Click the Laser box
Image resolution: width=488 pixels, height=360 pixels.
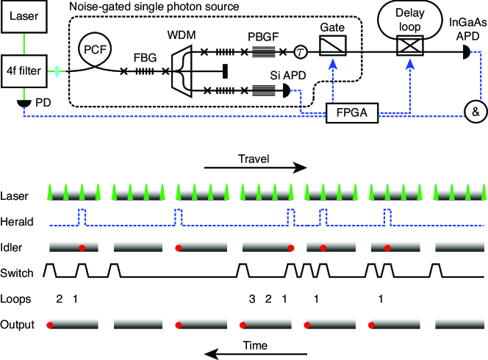click(24, 16)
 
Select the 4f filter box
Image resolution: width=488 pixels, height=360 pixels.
click(24, 71)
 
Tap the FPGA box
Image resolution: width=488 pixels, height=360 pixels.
click(352, 112)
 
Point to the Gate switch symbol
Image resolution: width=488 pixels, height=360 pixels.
click(333, 46)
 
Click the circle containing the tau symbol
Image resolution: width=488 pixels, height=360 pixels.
click(301, 52)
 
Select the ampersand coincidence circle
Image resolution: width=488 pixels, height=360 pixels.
click(476, 112)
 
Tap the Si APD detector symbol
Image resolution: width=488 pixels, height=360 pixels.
click(287, 91)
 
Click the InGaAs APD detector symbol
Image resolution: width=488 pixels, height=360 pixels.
click(467, 52)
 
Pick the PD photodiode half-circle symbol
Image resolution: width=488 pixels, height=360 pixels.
click(24, 104)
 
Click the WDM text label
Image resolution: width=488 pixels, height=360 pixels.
click(182, 35)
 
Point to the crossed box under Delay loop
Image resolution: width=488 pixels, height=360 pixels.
click(410, 46)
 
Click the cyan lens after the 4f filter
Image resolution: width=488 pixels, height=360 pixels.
click(57, 71)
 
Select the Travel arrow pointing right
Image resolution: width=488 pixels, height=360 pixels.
click(256, 168)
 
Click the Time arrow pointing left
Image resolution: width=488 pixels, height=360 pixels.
click(256, 354)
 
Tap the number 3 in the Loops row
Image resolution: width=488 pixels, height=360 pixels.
click(252, 299)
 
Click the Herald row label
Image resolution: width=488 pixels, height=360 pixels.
click(17, 222)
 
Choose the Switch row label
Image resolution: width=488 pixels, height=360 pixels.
click(17, 273)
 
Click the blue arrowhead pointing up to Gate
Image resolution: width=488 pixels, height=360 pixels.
click(333, 63)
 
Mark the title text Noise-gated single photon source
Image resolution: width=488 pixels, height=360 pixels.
click(154, 6)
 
